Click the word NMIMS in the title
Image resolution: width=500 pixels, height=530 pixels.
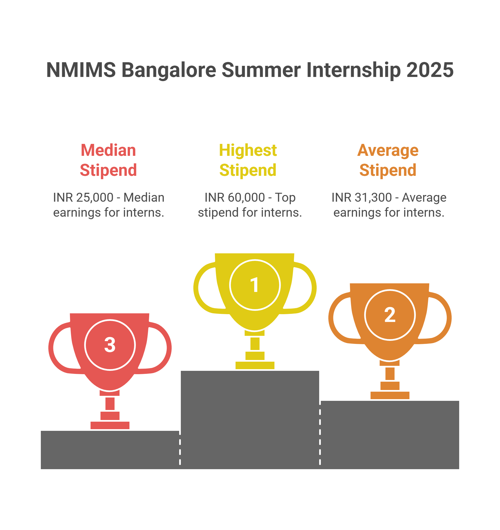(x=81, y=70)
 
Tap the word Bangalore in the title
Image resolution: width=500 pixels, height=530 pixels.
(x=169, y=70)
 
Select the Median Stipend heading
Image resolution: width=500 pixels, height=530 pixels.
(x=108, y=160)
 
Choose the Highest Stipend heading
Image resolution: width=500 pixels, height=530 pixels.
(x=248, y=160)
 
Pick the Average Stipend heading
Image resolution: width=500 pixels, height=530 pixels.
(x=388, y=160)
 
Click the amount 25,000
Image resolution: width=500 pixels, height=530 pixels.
(x=95, y=197)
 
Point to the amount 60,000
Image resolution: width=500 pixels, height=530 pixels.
(x=246, y=197)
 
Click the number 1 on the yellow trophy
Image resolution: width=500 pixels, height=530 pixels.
(x=254, y=285)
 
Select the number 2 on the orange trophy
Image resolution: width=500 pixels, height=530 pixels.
(x=390, y=315)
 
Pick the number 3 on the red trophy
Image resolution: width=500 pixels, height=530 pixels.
(x=110, y=345)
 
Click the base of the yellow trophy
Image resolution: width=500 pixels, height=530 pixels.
(x=255, y=365)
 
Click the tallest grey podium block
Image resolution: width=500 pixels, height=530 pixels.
(x=250, y=419)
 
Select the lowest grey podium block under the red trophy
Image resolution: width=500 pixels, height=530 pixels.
(x=110, y=449)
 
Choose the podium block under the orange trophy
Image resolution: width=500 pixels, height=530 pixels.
(x=390, y=435)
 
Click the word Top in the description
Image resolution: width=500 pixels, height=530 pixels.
(x=285, y=197)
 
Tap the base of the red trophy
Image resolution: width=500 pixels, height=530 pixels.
(x=110, y=425)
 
